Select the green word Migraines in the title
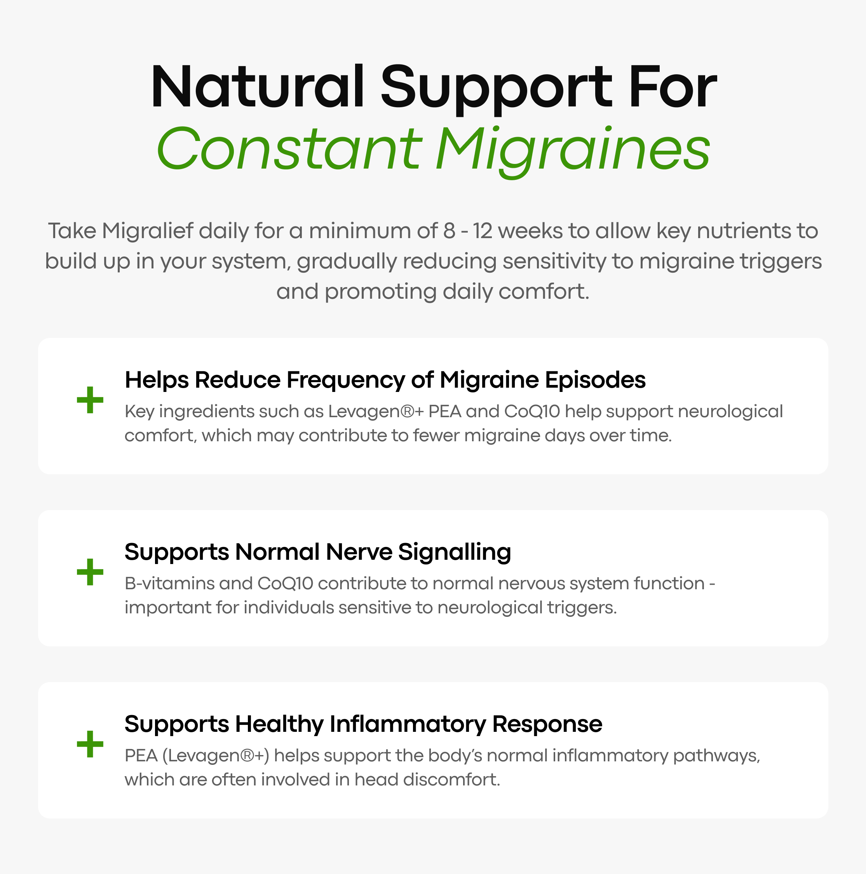pyautogui.click(x=573, y=152)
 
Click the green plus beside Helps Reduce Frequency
pyautogui.click(x=90, y=400)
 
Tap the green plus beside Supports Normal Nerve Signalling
pyautogui.click(x=90, y=572)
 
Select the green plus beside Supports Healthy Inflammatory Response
pyautogui.click(x=90, y=744)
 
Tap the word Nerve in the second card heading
pyautogui.click(x=359, y=552)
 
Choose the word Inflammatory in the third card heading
pyautogui.click(x=408, y=725)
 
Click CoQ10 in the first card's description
pyautogui.click(x=532, y=412)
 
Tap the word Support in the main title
pyautogui.click(x=497, y=88)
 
